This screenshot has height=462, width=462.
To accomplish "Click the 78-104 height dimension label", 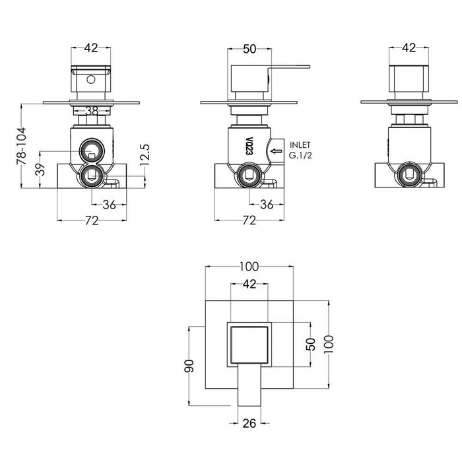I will pyautogui.click(x=22, y=146).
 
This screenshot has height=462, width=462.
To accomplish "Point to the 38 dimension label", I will pyautogui.click(x=92, y=112).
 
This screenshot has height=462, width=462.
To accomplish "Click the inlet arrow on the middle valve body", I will pyautogui.click(x=275, y=150).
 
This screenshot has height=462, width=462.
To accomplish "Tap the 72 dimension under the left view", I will pyautogui.click(x=92, y=220).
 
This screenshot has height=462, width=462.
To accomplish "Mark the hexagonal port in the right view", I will pyautogui.click(x=409, y=175).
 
